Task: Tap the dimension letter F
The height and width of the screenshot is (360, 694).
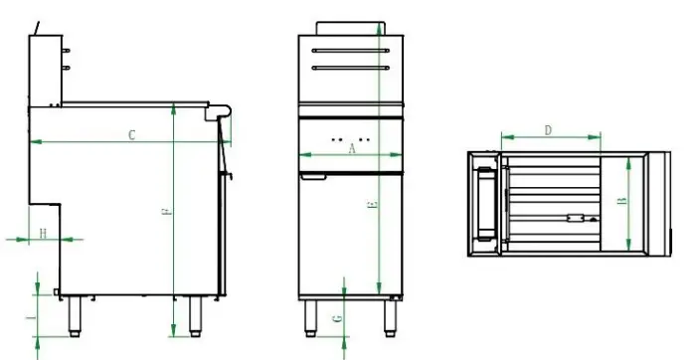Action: point(166,213)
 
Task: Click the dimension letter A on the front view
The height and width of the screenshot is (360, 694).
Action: point(351,149)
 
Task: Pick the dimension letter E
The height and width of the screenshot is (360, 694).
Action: point(372,206)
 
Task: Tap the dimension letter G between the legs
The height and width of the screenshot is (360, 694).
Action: point(337,318)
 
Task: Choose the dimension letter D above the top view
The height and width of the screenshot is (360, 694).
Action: point(549,130)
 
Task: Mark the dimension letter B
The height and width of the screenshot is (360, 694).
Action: point(621,201)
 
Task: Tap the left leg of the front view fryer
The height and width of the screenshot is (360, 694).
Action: point(309,316)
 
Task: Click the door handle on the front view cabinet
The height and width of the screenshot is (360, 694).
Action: point(314,178)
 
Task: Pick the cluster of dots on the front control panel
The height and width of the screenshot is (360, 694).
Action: point(351,138)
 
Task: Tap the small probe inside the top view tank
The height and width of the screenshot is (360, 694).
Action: point(575,217)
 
